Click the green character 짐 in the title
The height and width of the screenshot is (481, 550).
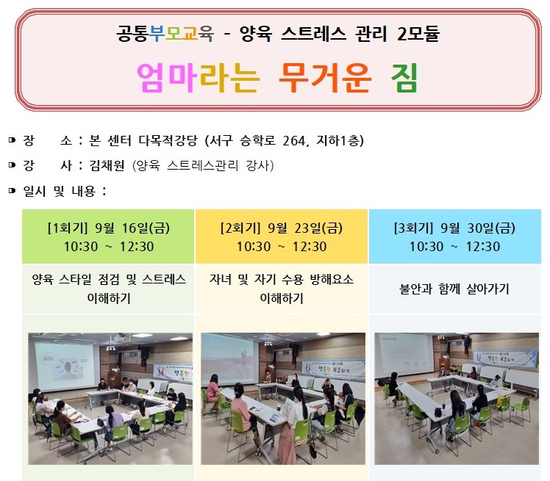click(404, 78)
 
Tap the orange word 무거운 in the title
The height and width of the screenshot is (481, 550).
click(325, 78)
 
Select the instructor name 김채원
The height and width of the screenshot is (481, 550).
click(107, 165)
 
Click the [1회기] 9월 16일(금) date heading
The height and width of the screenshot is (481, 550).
click(108, 228)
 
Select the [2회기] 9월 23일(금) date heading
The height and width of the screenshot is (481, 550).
click(282, 228)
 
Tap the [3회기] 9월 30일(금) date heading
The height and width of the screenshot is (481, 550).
click(454, 228)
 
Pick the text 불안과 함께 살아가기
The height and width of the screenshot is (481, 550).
click(454, 289)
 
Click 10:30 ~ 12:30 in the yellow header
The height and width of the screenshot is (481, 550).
click(282, 247)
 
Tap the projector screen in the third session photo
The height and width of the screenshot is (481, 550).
click(404, 355)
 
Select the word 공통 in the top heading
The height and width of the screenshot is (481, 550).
click(132, 34)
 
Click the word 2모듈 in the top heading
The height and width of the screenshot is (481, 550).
click(418, 34)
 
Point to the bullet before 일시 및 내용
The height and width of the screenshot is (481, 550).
click(12, 191)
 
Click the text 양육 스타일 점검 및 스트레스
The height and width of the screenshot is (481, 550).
click(109, 280)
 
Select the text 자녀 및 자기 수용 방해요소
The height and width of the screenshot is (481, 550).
click(282, 280)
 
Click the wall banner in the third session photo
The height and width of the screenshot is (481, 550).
click(505, 359)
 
